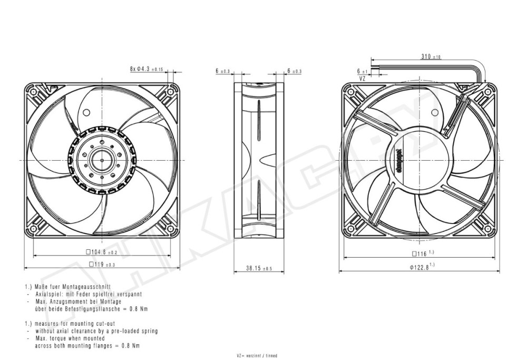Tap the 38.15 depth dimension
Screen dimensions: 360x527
[259, 268]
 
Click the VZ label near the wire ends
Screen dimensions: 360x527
[362, 78]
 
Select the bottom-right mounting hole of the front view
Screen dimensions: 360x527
[170, 229]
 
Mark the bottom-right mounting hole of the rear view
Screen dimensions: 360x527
[488, 229]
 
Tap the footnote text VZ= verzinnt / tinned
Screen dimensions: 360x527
[257, 356]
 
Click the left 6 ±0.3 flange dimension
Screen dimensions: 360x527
[223, 71]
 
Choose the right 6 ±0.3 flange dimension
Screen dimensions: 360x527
[295, 71]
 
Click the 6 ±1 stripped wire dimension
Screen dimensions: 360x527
[362, 70]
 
